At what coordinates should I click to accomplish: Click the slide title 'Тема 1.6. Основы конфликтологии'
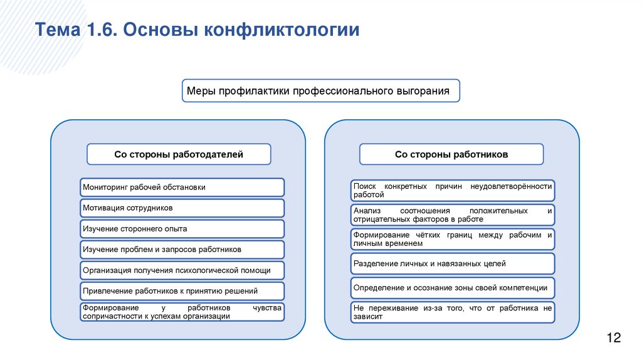click(197, 30)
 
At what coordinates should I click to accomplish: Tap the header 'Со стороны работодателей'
click(179, 154)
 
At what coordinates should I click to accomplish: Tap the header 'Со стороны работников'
click(451, 154)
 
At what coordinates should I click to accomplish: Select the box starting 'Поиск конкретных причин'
click(452, 191)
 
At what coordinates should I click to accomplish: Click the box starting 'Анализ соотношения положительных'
click(452, 215)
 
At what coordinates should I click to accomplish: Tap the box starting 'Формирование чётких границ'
click(452, 239)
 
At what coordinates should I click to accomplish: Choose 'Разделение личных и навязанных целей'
click(452, 264)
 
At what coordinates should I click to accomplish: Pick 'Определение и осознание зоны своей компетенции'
click(452, 288)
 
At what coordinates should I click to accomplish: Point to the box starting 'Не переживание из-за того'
click(452, 312)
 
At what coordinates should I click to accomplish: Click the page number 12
click(613, 339)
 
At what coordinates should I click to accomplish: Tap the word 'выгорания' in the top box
click(423, 91)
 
